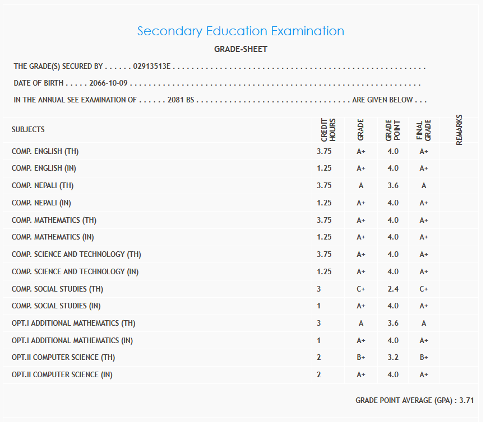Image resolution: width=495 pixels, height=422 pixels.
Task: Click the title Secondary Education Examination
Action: coord(240,31)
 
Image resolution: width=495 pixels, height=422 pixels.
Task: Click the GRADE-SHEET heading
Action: coord(240,49)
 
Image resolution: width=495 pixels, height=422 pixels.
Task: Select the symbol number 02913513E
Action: coord(152,67)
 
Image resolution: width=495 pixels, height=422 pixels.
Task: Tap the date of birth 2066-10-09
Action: coord(109,83)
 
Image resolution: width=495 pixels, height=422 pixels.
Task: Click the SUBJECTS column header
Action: coord(28,129)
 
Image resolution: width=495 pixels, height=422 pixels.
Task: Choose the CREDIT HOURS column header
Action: coord(328,129)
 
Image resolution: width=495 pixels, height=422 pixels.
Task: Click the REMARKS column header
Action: coord(459,130)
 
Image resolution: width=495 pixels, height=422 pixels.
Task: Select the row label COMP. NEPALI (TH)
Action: coord(43,186)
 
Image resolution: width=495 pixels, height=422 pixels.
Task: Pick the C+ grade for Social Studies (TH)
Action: coord(361,289)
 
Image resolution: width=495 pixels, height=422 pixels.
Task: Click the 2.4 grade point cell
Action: coord(393,289)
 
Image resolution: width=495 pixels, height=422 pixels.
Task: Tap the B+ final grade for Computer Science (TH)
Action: coord(424,357)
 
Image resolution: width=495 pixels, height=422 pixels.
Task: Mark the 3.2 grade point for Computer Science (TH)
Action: coord(393,357)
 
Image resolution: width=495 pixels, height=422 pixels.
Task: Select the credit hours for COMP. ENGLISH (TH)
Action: coord(324,151)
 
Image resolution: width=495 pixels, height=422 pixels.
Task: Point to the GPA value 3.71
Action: coord(466,400)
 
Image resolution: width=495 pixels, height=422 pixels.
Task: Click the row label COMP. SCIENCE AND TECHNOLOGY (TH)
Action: coord(76,254)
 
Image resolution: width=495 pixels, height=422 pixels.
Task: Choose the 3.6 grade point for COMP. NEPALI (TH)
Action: coord(393,186)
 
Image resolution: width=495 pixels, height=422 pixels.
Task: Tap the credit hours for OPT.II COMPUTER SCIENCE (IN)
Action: coord(319,374)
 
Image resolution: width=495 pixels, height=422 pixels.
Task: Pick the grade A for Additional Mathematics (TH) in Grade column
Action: coord(361,323)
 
